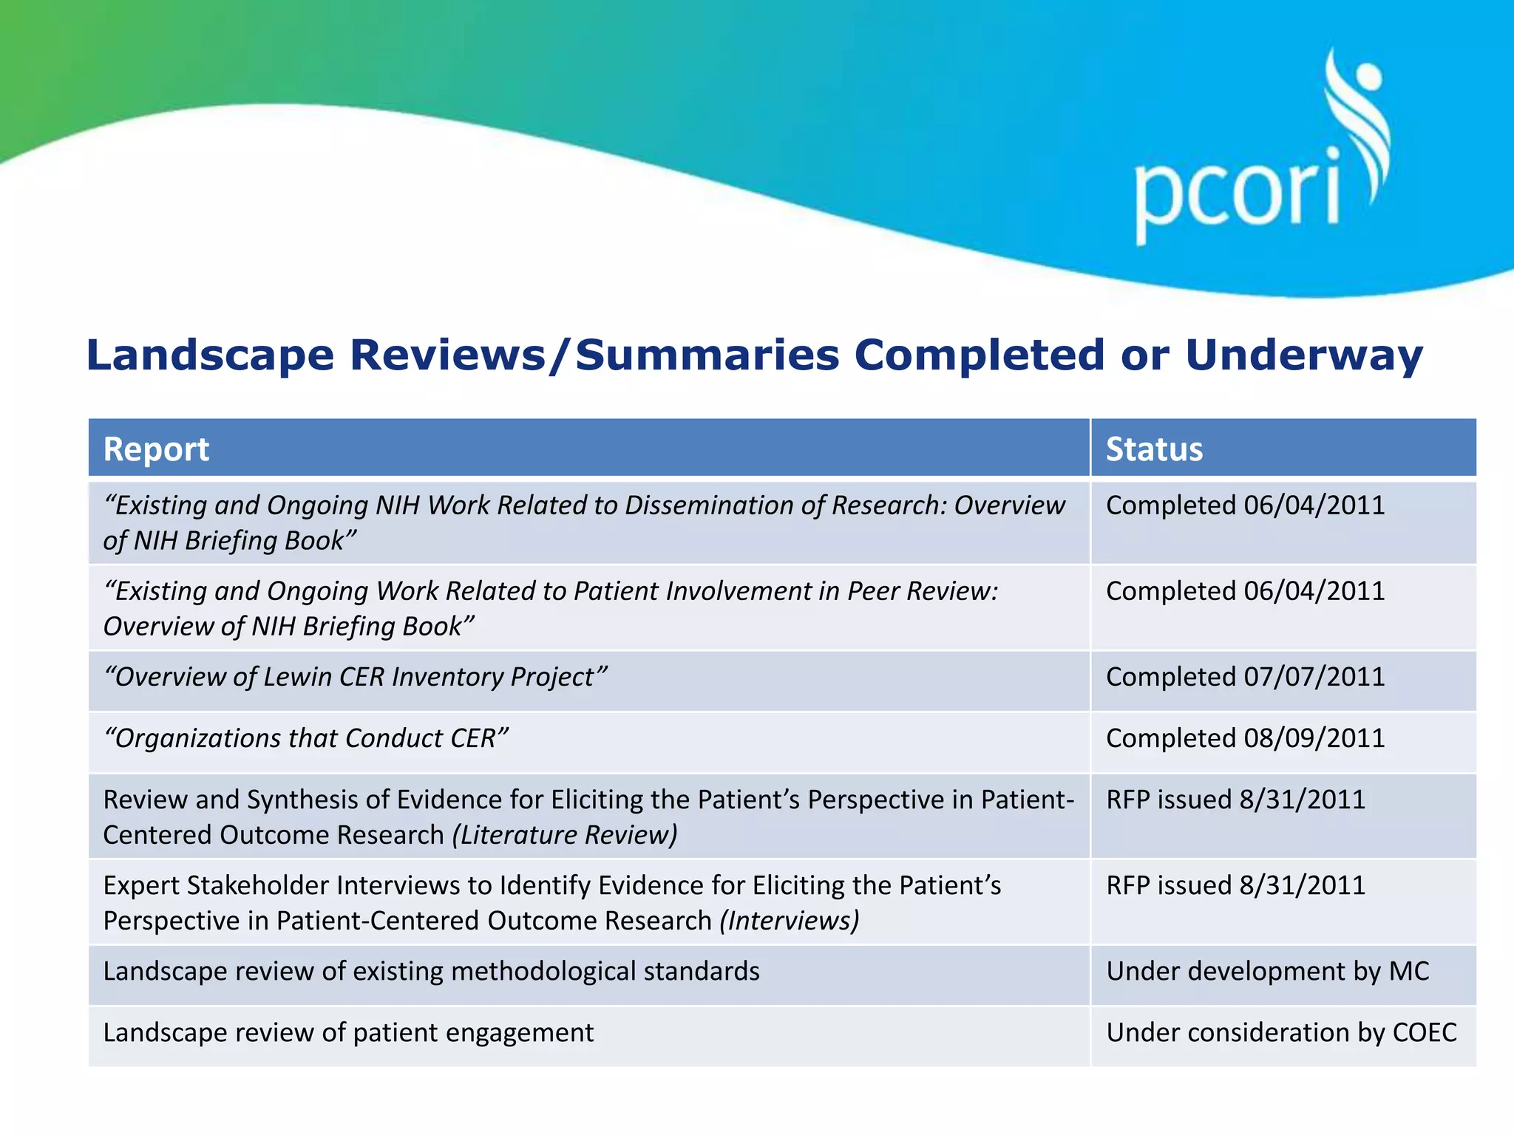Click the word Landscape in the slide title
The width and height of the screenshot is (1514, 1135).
coord(210,356)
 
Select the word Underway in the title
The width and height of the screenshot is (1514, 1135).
coord(1304,356)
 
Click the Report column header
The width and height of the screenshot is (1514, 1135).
coord(156,449)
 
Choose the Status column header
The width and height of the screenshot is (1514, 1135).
coord(1154,449)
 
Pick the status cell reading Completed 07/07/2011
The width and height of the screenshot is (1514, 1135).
coord(1245,677)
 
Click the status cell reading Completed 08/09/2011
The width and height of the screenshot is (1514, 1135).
coord(1245,738)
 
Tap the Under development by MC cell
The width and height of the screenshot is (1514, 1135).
coord(1267,971)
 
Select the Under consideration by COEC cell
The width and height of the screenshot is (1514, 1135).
coord(1281,1032)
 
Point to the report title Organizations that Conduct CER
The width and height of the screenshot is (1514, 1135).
coord(306,738)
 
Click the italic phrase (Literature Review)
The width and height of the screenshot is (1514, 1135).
coord(565,835)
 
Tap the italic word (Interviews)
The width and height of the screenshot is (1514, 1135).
coord(790,921)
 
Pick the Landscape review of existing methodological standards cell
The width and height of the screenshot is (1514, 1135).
coord(431,971)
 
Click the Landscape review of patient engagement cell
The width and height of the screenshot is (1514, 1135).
coord(348,1032)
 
